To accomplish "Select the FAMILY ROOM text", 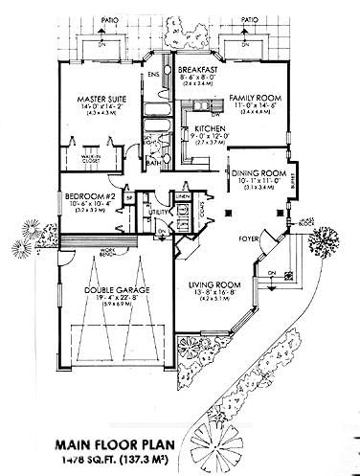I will (251, 97).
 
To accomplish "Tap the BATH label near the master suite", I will (153, 162).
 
